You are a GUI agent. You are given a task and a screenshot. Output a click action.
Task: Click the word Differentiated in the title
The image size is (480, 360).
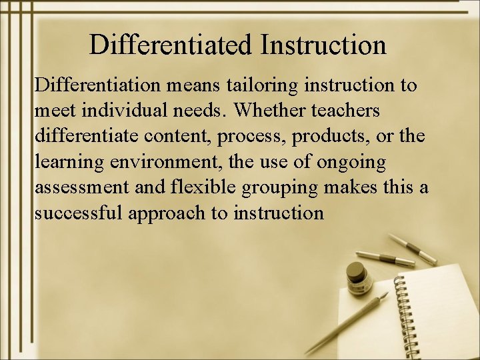[x=171, y=45]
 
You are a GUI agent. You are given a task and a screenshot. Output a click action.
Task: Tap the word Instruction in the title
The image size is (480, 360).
[x=324, y=45]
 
